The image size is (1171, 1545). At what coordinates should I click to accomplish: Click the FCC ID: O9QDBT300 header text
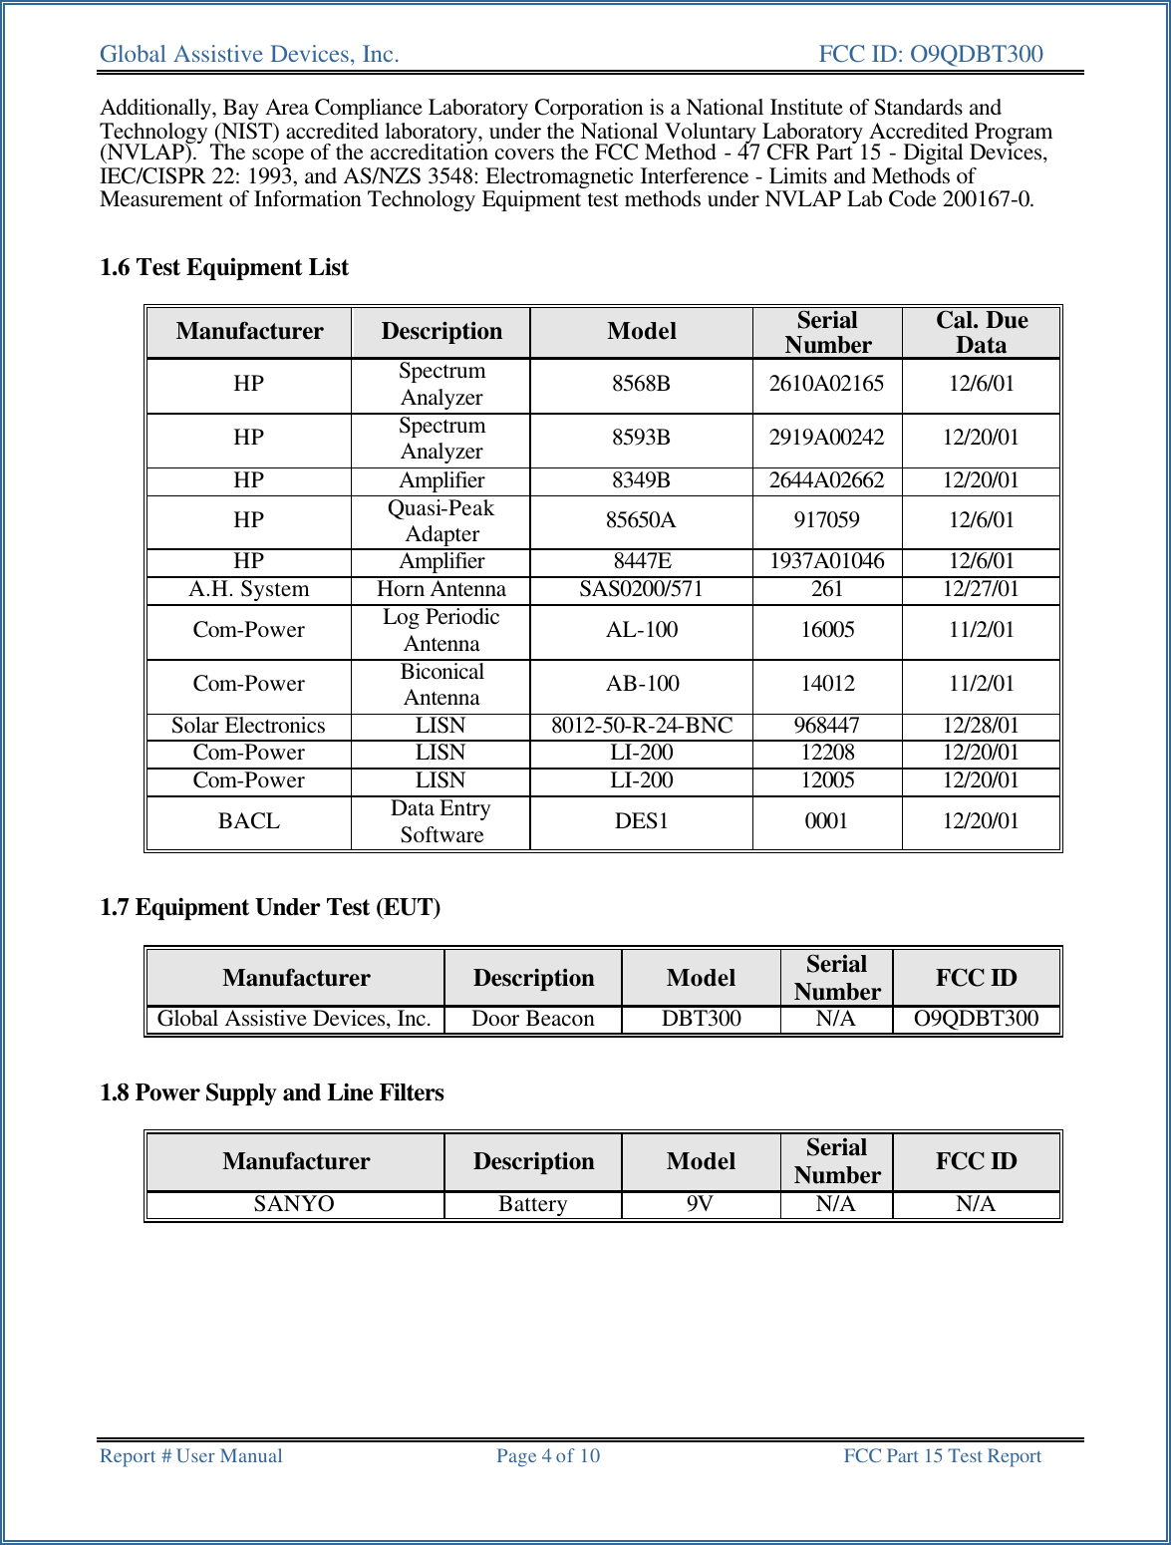click(930, 54)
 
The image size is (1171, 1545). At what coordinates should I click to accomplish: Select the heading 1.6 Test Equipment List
click(224, 267)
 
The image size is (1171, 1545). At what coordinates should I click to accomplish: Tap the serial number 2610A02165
click(826, 384)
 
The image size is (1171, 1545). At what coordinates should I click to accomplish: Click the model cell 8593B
click(641, 438)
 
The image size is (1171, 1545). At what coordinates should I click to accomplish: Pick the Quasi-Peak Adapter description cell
click(441, 520)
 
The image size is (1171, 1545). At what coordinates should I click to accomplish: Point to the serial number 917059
click(826, 520)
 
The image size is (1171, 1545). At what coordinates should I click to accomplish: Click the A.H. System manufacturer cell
click(249, 589)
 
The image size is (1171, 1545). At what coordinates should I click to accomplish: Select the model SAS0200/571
click(641, 589)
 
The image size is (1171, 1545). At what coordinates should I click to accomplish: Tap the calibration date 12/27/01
click(981, 589)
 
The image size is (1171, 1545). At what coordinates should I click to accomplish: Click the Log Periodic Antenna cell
click(441, 630)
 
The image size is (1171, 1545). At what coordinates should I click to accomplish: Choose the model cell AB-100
click(642, 684)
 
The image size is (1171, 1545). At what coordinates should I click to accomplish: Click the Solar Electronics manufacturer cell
click(248, 726)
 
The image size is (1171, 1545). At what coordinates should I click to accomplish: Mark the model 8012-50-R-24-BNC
click(642, 726)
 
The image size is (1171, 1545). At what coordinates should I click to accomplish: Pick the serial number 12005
click(826, 780)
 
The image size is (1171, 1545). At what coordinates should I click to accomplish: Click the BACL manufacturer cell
click(249, 821)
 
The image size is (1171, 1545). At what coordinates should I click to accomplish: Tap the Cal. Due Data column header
click(981, 332)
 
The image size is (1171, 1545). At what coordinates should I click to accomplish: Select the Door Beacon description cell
click(532, 1019)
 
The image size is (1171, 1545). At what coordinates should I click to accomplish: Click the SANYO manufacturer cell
click(294, 1204)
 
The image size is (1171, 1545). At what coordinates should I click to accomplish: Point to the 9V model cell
click(700, 1204)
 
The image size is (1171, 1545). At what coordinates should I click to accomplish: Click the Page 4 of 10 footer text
click(548, 1456)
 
